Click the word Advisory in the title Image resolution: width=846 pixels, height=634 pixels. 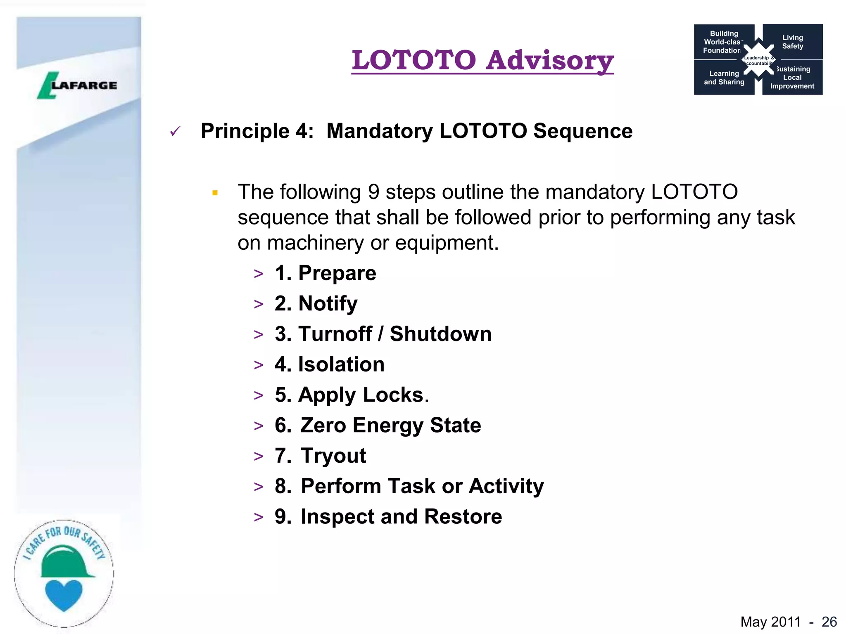[x=549, y=60]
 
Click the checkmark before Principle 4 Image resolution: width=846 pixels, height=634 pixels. [x=175, y=132]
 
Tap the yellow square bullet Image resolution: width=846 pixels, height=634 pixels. [x=215, y=193]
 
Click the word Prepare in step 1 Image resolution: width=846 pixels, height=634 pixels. [x=337, y=273]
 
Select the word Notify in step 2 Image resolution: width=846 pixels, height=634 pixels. [x=328, y=304]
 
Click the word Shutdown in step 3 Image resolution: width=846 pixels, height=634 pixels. [x=440, y=334]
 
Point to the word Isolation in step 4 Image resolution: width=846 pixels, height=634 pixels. [x=341, y=364]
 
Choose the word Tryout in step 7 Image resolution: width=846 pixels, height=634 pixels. [x=333, y=456]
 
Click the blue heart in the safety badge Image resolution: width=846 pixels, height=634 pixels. [x=64, y=595]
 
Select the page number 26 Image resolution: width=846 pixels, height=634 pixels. [x=829, y=622]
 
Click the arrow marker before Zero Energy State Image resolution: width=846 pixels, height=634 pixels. [x=259, y=426]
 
